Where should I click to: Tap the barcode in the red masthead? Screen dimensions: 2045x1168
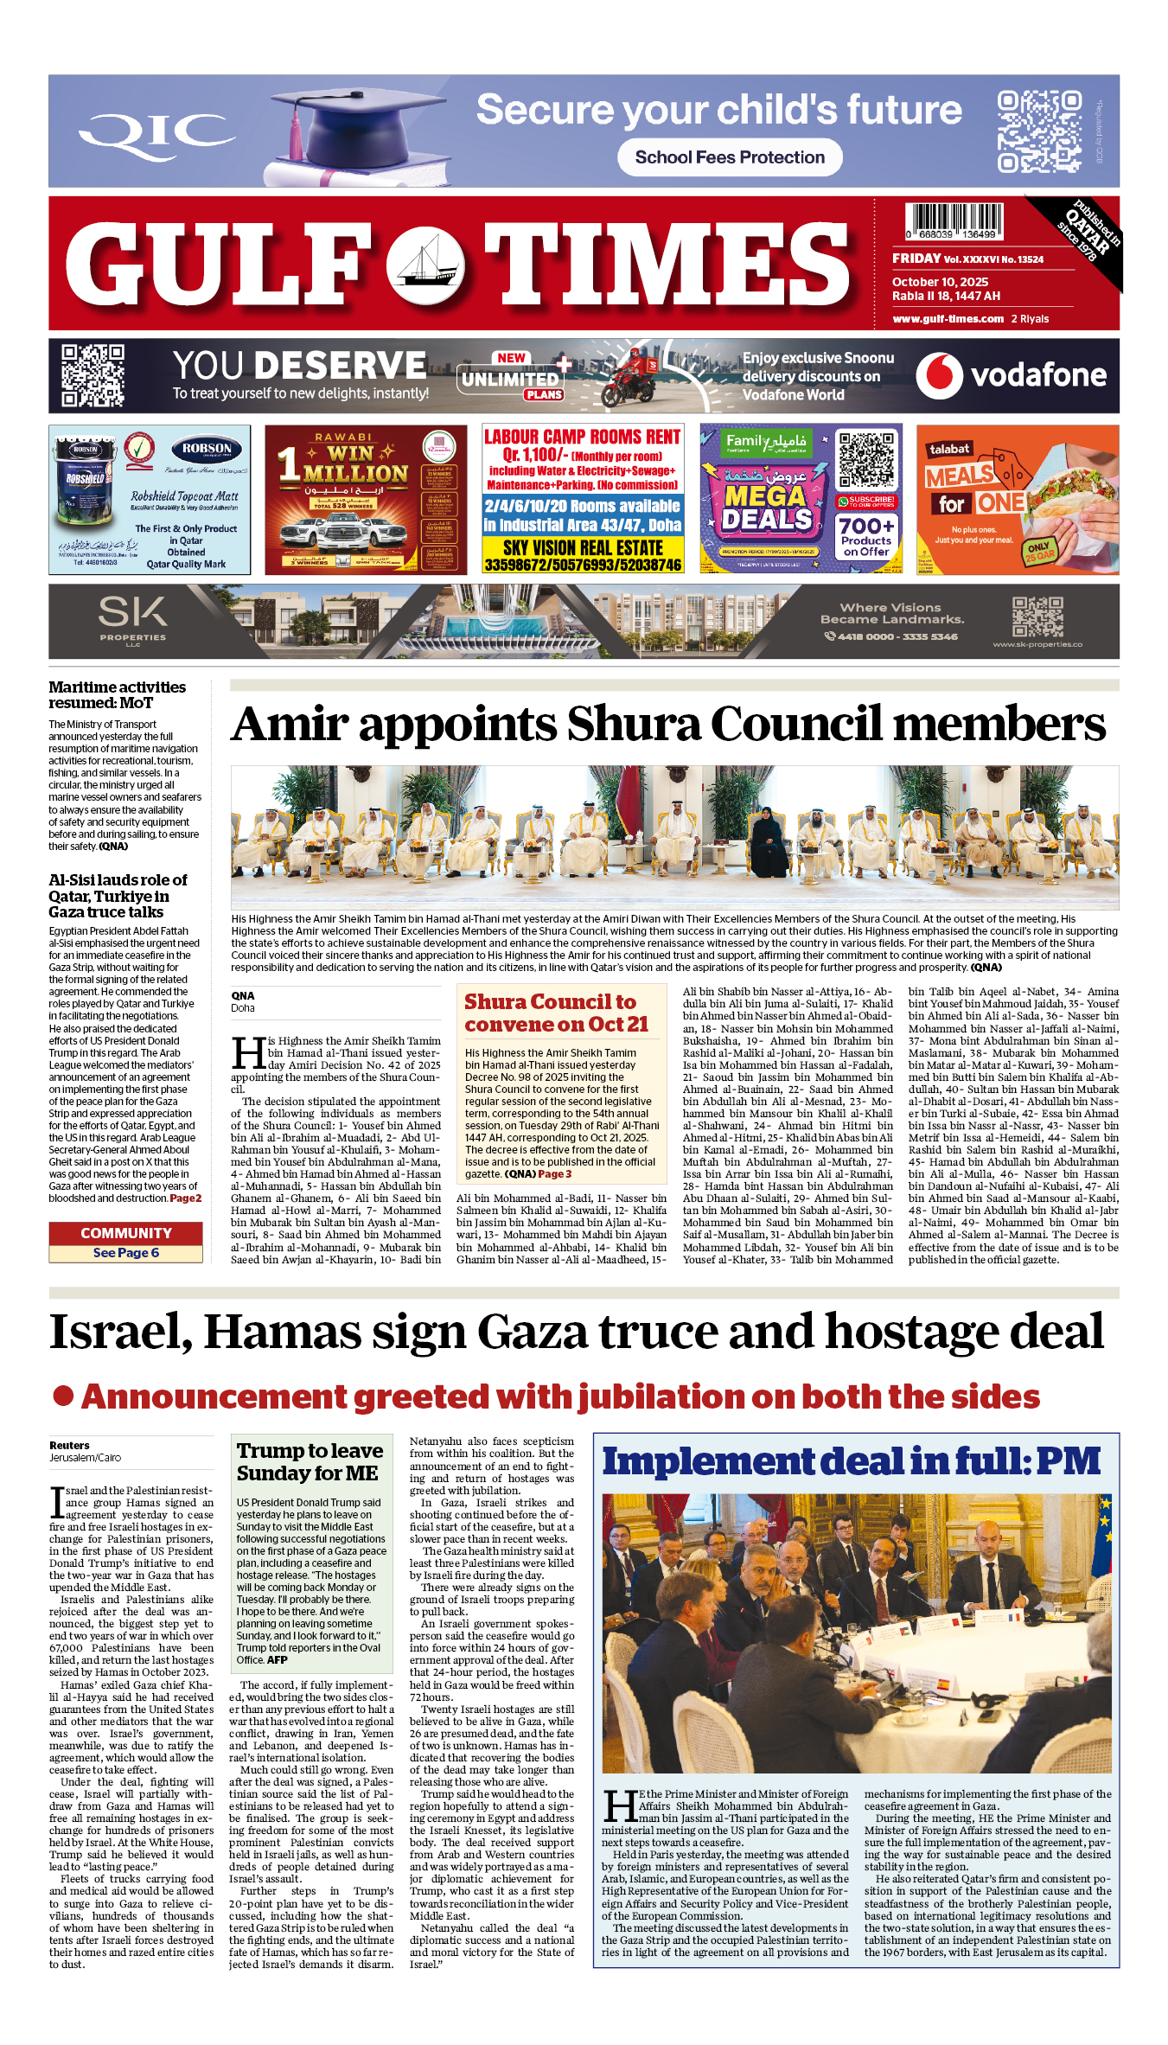(x=954, y=220)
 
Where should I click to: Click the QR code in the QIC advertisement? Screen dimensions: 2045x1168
(x=1037, y=131)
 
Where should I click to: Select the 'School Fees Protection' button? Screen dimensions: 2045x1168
(x=730, y=157)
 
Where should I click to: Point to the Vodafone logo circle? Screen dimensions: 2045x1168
(x=939, y=375)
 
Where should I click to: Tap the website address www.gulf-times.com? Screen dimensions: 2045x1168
(x=948, y=319)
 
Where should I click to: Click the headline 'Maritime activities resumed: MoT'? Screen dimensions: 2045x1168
(x=117, y=694)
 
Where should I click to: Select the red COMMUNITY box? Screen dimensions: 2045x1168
(x=125, y=1233)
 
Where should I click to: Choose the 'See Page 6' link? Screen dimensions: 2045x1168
(x=125, y=1253)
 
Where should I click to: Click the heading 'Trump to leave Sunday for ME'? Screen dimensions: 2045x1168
(x=309, y=1461)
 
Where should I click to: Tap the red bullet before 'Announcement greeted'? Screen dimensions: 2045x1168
(x=63, y=1396)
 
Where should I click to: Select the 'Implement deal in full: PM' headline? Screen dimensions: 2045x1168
(x=851, y=1461)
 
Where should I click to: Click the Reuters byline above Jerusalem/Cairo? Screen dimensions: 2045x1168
(x=69, y=1445)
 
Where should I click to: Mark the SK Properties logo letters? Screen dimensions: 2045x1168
(x=132, y=612)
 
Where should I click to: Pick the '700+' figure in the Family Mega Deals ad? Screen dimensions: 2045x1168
(x=865, y=525)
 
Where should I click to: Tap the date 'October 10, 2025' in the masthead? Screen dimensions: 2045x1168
(x=940, y=282)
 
